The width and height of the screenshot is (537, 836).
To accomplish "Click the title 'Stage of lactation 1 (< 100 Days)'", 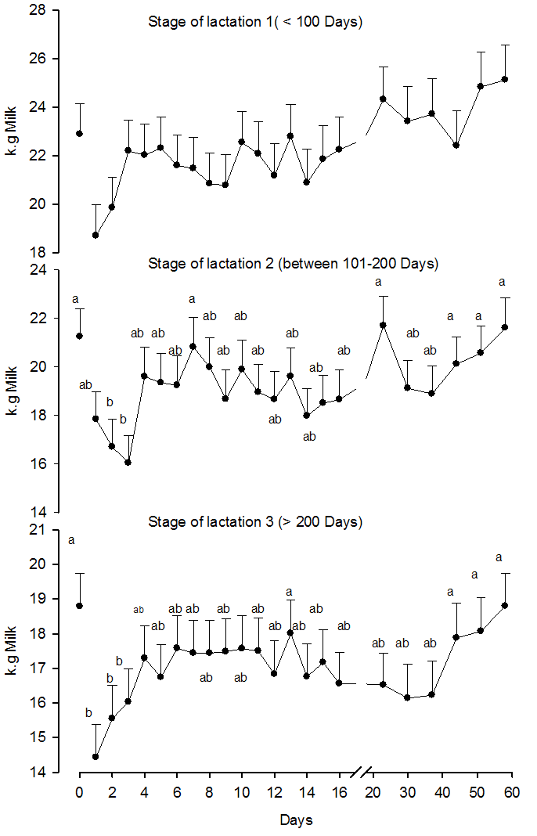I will (x=255, y=22).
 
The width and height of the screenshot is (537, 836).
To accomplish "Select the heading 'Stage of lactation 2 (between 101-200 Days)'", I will (x=293, y=264).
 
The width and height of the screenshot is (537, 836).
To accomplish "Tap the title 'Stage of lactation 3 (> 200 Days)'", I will (x=255, y=521).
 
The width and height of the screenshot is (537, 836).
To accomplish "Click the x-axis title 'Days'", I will (x=297, y=820).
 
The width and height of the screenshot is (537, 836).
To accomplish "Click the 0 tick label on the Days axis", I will (x=79, y=793).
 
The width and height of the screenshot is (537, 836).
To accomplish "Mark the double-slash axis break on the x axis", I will (x=361, y=773).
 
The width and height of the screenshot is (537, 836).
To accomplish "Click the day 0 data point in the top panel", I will (x=79, y=134).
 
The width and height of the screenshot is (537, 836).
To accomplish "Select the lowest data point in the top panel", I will (x=96, y=235).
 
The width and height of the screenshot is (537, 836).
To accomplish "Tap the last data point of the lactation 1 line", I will (x=505, y=79).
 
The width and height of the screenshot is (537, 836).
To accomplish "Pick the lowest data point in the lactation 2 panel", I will (x=128, y=462).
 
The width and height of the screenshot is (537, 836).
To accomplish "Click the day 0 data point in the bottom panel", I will (x=79, y=606).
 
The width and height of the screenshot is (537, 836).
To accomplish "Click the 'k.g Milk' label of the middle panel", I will (x=13, y=390).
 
